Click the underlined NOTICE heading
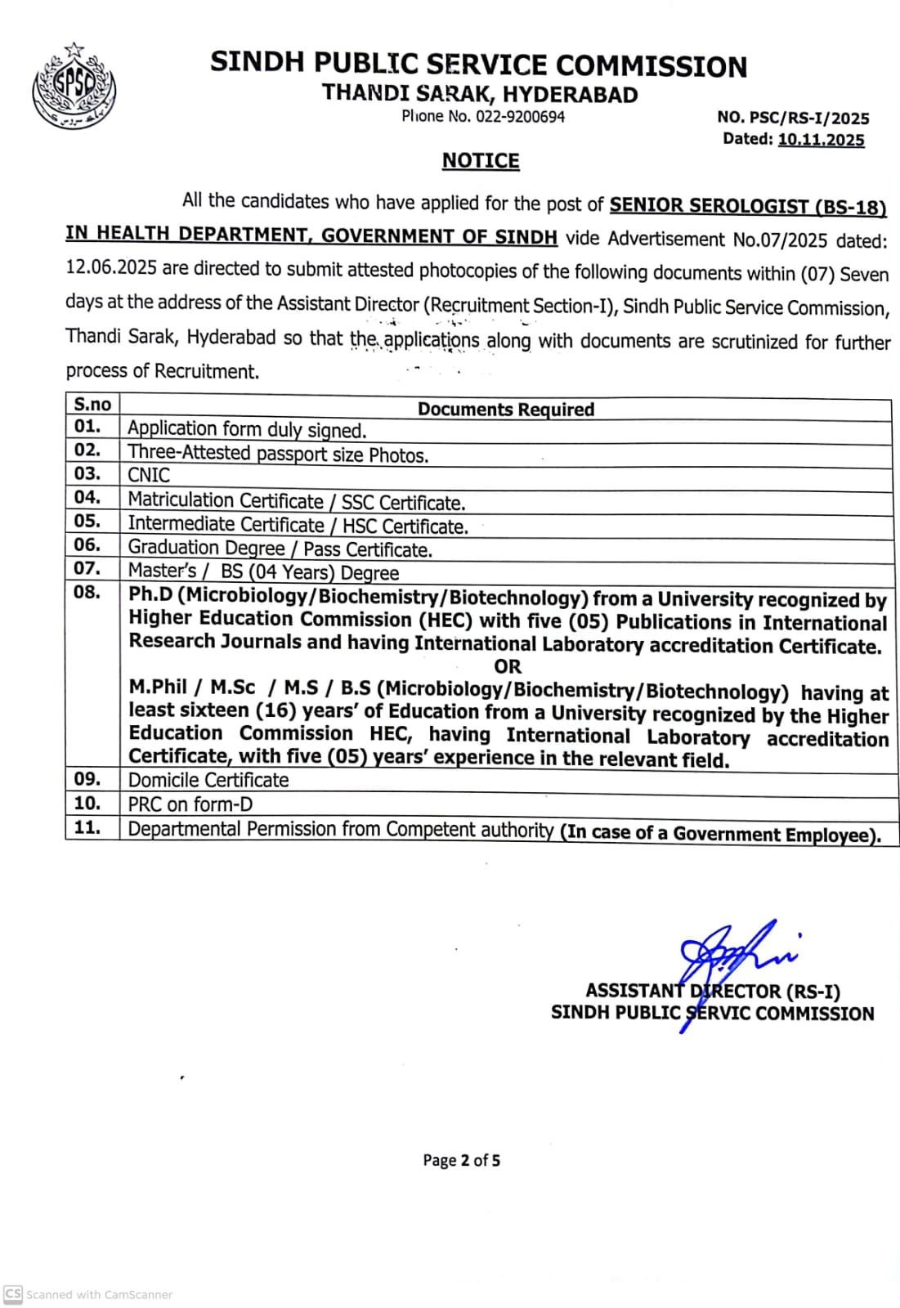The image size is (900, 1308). (481, 161)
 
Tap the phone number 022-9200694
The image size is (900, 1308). (520, 117)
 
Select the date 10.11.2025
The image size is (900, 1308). (821, 140)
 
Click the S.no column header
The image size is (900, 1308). (92, 404)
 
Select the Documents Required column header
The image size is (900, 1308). (506, 409)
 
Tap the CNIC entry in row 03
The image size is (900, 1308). (149, 475)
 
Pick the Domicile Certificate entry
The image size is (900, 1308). (208, 780)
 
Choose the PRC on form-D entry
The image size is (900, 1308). (190, 804)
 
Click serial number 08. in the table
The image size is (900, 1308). (87, 592)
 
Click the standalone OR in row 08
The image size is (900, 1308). (508, 666)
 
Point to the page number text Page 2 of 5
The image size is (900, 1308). (461, 1160)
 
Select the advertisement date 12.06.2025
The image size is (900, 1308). (112, 269)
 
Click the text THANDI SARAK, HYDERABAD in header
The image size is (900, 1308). (480, 94)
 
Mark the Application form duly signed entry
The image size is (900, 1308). (247, 429)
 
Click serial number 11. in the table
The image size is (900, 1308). (87, 827)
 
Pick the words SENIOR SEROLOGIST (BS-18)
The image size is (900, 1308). (748, 206)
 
